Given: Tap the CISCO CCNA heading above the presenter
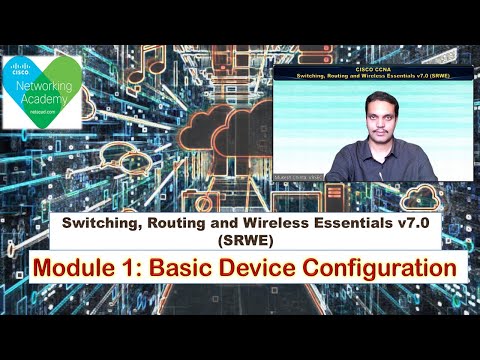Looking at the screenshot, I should [x=371, y=68].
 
